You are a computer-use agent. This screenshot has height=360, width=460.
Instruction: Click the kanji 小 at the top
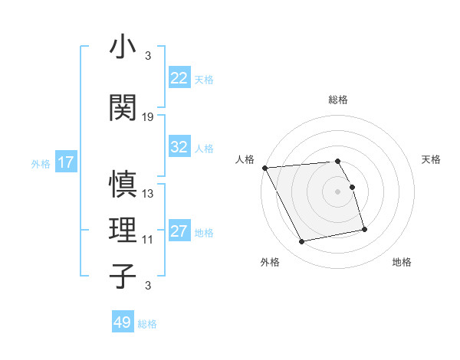123,47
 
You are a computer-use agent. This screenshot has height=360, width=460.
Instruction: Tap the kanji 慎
123,185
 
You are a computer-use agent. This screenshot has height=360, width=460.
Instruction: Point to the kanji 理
123,230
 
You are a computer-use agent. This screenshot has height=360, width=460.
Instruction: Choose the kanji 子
123,275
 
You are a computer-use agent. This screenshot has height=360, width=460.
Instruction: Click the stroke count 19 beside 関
149,117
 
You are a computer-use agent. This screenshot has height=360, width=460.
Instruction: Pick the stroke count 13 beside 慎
149,194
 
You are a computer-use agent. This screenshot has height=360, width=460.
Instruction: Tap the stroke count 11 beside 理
148,240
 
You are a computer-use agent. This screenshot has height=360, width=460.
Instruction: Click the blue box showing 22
179,78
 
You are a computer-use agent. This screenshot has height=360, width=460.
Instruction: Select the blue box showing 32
179,147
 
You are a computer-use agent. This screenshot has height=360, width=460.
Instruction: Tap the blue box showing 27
179,231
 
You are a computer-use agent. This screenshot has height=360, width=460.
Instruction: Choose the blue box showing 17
65,162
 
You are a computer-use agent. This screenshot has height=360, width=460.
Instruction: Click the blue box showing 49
123,322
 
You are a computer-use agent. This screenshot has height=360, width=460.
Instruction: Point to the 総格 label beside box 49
147,324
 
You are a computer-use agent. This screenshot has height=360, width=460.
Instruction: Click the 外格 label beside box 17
41,163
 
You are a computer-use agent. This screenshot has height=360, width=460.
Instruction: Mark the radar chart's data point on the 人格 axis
264,168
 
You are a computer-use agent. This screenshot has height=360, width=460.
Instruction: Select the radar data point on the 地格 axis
364,229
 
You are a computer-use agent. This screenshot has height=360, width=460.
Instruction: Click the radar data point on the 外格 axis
302,242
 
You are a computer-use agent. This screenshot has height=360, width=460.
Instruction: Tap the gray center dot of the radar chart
337,191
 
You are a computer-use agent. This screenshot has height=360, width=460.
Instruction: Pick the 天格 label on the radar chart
432,159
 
